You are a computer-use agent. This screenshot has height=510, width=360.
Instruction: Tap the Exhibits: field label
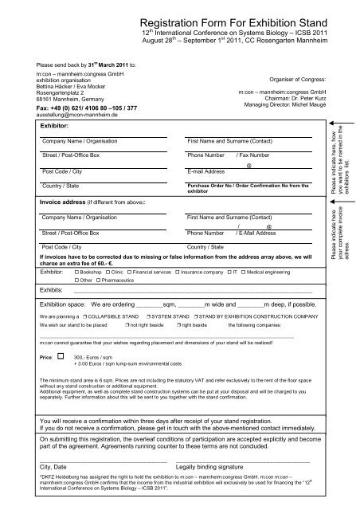pyautogui.click(x=51, y=291)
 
